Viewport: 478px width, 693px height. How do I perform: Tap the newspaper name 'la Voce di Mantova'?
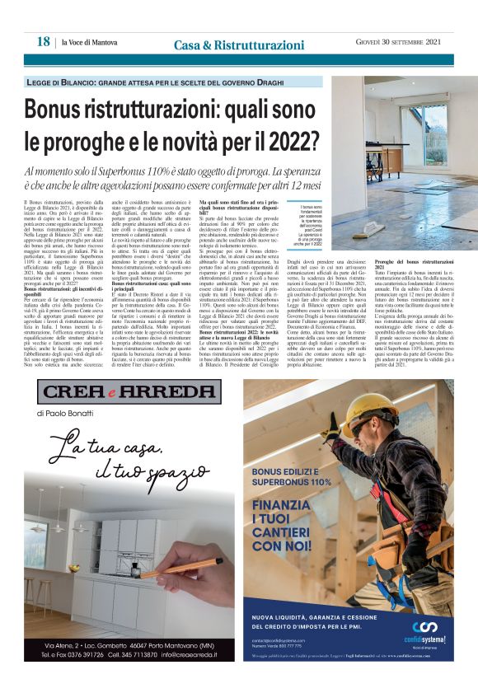pos(88,43)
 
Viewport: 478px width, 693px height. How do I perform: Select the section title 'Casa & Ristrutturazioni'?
pos(240,44)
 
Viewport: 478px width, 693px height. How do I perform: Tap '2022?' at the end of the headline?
pos(286,140)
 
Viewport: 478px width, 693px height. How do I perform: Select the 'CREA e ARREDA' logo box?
pos(119,391)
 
